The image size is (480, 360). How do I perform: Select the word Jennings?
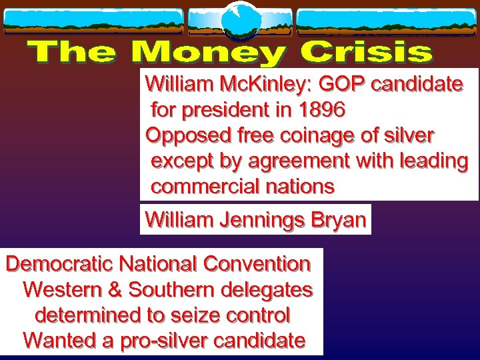(x=265, y=219)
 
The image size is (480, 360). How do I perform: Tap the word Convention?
(x=257, y=264)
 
